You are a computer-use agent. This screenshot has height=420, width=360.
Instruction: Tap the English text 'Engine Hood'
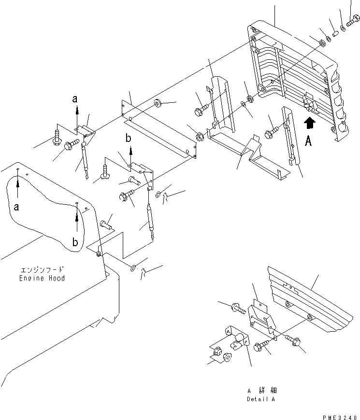tap(42, 279)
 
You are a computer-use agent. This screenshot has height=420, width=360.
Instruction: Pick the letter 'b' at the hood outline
tap(75, 242)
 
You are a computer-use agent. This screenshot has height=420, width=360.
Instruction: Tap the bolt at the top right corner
tap(351, 21)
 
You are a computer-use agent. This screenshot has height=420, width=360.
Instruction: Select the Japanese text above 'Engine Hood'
tap(42, 270)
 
